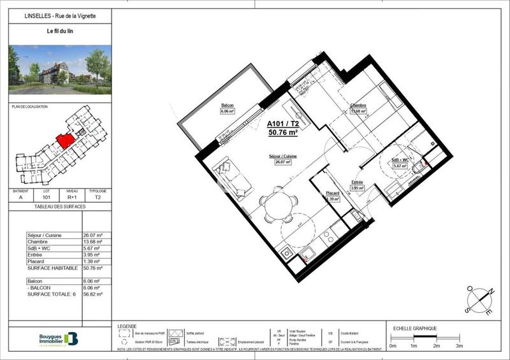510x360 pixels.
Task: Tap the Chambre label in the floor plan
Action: (357, 106)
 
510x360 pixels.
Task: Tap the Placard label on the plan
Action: (332, 193)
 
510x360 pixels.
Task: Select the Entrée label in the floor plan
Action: (358, 182)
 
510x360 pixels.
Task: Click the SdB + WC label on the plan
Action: (400, 160)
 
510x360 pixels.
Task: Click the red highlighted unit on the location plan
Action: (64, 140)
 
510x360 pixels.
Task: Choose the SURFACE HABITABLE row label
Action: (53, 268)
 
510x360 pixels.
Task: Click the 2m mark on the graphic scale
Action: (436, 345)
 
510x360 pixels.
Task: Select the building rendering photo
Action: (60, 69)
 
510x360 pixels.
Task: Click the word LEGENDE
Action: (127, 326)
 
